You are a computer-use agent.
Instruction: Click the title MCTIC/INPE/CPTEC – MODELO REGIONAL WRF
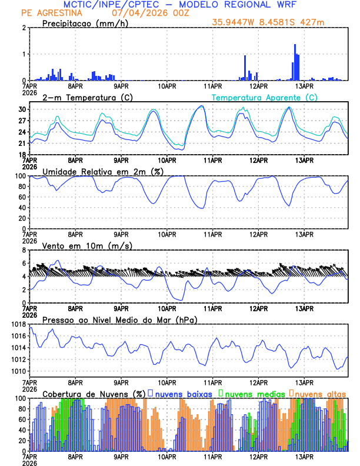click(179, 5)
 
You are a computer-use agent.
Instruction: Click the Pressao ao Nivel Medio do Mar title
click(119, 319)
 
